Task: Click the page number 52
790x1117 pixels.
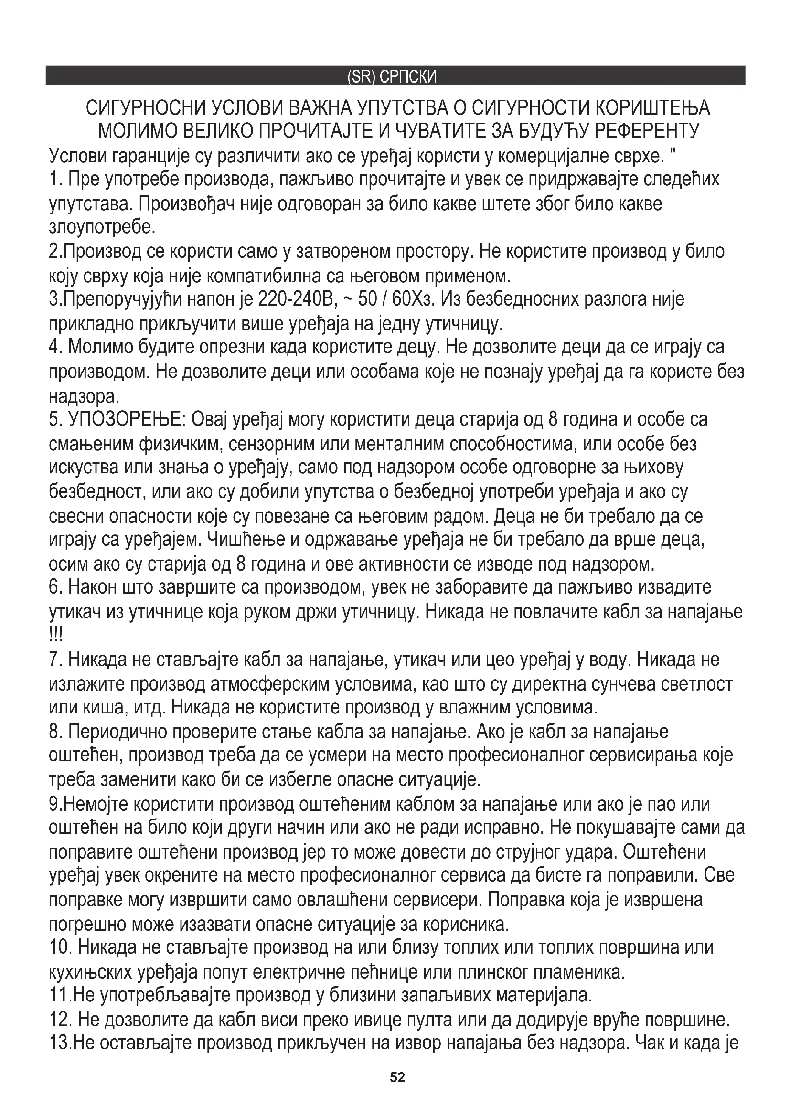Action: click(397, 1077)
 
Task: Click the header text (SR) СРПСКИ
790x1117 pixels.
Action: click(392, 77)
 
